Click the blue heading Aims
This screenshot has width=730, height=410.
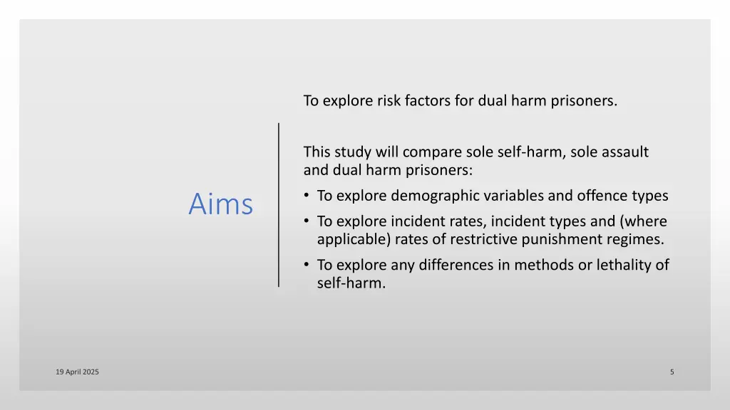[220, 204]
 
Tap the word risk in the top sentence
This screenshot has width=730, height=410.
[389, 100]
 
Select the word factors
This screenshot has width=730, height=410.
[428, 100]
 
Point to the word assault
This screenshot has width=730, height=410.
[625, 152]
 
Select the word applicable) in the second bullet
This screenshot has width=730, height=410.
[352, 240]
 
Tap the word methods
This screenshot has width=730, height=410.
[538, 265]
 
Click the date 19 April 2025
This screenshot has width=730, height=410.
[77, 372]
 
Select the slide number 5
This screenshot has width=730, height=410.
[672, 372]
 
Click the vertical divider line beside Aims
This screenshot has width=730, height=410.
[279, 204]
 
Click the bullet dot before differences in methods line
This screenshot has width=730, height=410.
[307, 265]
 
